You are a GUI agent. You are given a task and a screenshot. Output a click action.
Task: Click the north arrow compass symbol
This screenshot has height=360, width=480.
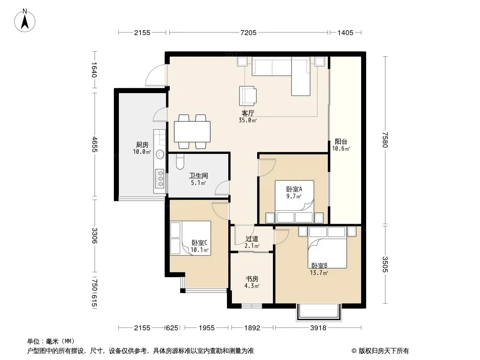pos(25,20)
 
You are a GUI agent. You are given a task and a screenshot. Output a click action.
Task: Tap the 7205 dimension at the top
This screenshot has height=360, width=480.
pos(248,33)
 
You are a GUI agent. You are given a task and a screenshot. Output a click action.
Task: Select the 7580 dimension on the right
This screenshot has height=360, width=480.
pos(385,140)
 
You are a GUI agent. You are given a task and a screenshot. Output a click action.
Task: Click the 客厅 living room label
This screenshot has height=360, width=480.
pos(248,113)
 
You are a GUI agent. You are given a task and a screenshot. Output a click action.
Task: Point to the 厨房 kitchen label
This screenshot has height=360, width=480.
pos(142,144)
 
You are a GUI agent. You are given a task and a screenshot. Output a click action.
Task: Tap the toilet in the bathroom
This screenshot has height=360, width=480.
pos(180,162)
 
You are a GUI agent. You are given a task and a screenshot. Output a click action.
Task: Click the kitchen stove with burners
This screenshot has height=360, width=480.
pos(160,179)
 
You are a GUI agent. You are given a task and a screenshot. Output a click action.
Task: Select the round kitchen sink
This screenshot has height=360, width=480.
pos(160,154)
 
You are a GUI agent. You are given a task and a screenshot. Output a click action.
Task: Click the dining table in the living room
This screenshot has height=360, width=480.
pos(192,131)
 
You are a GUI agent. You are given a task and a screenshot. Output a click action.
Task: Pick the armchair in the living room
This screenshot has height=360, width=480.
pos(248,96)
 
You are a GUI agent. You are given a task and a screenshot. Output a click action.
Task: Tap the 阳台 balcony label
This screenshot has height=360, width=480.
pos(341,142)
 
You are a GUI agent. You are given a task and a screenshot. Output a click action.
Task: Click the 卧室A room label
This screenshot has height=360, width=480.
pos(294,189)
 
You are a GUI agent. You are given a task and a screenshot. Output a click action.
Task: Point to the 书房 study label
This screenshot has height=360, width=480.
pos(252,279)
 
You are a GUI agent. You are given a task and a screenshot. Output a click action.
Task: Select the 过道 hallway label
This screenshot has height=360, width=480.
pos(252,239)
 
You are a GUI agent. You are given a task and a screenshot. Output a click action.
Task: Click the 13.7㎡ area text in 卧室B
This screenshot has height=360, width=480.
pos(319,273)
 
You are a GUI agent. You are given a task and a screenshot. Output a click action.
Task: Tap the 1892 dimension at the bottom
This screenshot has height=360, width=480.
pos(252,328)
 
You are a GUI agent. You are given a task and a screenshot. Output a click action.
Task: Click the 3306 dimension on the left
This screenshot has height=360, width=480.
pos(94,235)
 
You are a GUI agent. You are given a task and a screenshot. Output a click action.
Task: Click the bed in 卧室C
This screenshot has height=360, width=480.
pos(190,238)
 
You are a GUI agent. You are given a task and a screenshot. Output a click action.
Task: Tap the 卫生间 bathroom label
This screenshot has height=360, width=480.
pos(199,175)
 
